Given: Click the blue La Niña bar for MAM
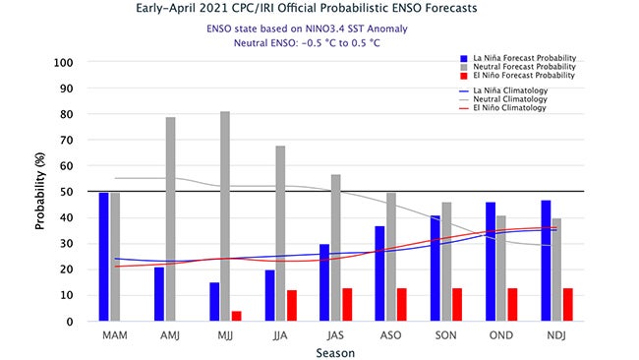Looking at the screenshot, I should click(x=103, y=257).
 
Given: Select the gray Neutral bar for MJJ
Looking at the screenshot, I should click(x=226, y=216).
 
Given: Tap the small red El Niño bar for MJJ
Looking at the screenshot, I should click(x=236, y=316).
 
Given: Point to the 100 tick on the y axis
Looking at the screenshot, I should click(x=65, y=63).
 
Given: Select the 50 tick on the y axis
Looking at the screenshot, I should click(x=68, y=192).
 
